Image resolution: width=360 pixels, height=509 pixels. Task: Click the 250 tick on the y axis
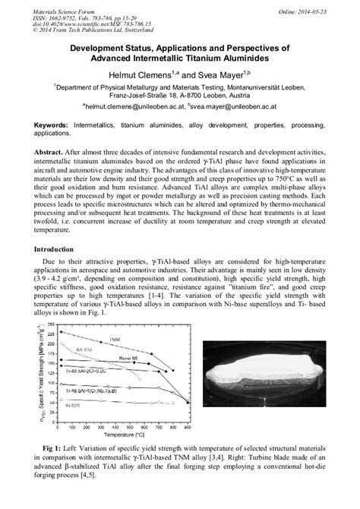[49, 324]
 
